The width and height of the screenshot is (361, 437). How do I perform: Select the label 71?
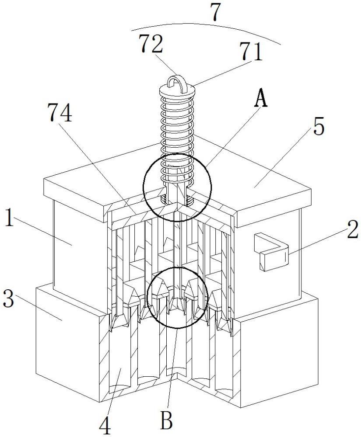[x=252, y=52]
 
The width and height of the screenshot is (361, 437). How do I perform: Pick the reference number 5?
[x=318, y=127]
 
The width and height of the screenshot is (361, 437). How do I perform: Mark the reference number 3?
[x=8, y=299]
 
